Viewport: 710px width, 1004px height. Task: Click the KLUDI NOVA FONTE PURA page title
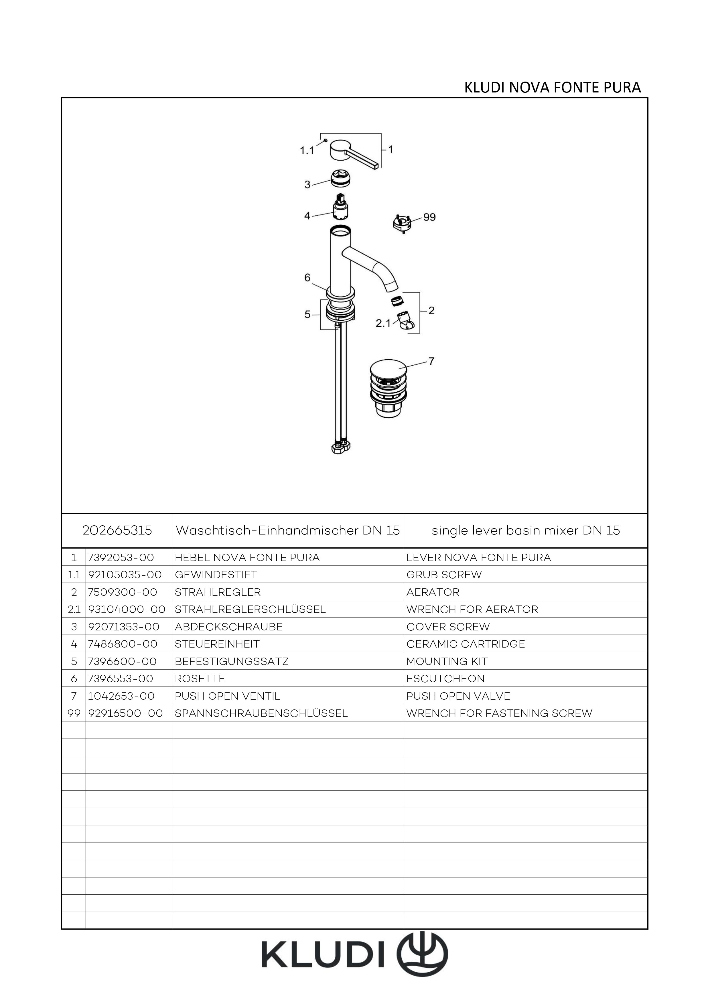pyautogui.click(x=552, y=88)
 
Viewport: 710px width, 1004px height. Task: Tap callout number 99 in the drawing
pyautogui.click(x=429, y=217)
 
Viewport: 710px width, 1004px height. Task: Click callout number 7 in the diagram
pyautogui.click(x=431, y=361)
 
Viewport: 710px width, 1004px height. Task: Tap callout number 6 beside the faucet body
pyautogui.click(x=307, y=277)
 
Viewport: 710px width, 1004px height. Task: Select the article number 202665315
pyautogui.click(x=117, y=530)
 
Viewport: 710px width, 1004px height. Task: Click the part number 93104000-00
pyautogui.click(x=127, y=609)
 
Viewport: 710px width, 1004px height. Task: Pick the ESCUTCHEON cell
pyautogui.click(x=445, y=679)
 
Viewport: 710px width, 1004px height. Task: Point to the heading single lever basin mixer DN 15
pyautogui.click(x=526, y=530)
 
